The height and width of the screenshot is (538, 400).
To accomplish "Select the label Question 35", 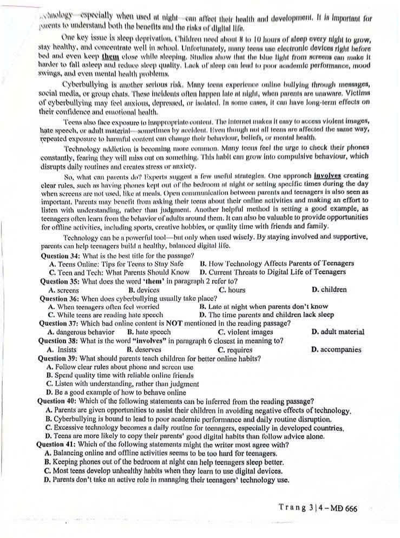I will tap(60, 281).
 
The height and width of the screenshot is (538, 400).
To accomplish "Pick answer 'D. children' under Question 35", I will tap(329, 290).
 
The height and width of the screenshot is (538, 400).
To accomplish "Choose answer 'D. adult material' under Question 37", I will tap(338, 332).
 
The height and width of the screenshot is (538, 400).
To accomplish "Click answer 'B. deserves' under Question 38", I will tap(143, 350).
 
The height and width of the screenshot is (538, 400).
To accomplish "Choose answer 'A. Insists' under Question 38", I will tap(62, 350).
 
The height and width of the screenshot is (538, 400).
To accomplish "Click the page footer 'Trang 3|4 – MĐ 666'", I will tap(318, 508).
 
